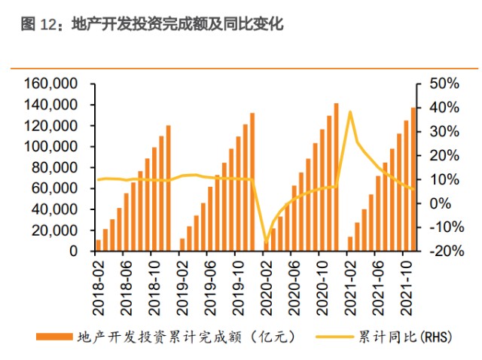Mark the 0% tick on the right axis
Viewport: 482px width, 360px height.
pyautogui.click(x=447, y=203)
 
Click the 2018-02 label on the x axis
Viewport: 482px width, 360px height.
pyautogui.click(x=99, y=284)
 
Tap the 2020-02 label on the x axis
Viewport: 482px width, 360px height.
pyautogui.click(x=267, y=284)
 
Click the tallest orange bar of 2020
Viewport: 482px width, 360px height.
pyautogui.click(x=336, y=178)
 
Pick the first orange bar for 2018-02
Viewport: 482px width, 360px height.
pyautogui.click(x=99, y=246)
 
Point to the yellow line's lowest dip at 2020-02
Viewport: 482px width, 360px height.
pyautogui.click(x=266, y=244)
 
